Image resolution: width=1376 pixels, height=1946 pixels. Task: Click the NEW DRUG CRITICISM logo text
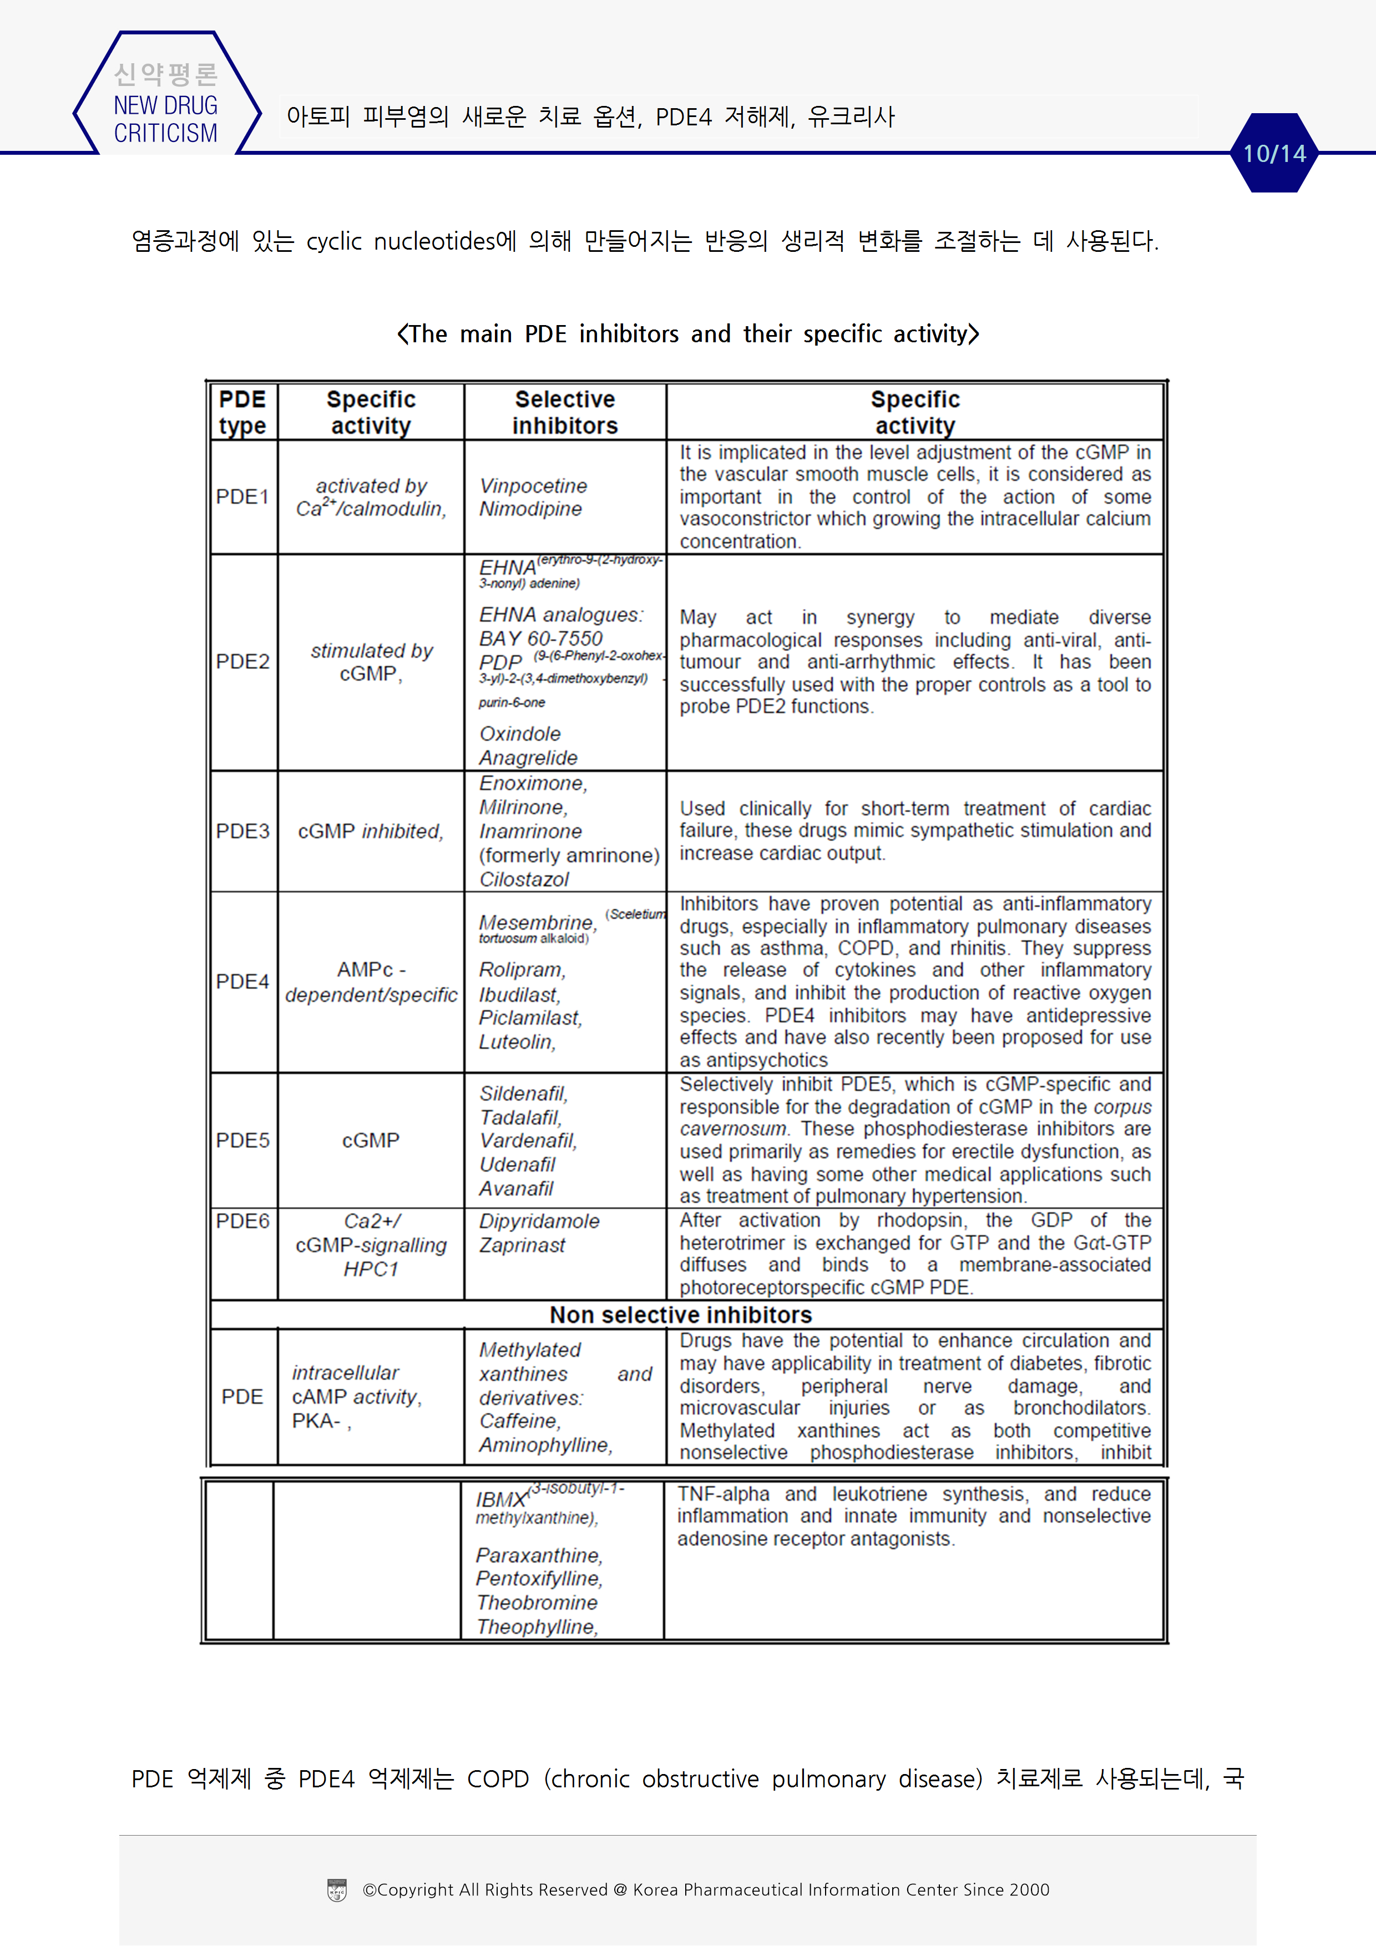165,119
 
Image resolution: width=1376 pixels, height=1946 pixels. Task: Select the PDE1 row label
242,496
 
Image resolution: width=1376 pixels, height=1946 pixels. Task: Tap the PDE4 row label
242,981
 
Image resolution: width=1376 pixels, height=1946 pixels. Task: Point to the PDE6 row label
242,1222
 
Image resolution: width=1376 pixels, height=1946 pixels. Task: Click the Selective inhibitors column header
565,412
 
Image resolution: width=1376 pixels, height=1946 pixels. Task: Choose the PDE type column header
242,412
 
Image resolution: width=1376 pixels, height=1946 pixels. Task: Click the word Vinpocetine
533,485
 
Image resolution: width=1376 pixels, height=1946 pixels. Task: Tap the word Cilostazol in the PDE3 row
524,880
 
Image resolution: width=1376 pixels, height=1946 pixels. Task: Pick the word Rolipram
522,970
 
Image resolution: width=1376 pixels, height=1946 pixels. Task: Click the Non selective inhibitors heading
681,1315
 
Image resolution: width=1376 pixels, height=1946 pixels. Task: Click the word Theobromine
537,1603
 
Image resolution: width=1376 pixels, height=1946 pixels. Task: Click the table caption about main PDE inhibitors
687,334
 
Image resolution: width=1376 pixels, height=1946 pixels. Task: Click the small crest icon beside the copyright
337,1890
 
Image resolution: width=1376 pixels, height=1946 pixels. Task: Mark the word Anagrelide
528,758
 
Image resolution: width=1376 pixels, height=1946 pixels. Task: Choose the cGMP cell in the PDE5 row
371,1141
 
